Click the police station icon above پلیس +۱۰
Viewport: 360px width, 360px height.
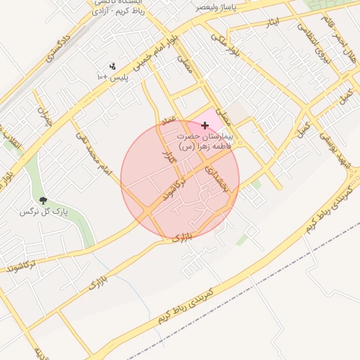[112, 66]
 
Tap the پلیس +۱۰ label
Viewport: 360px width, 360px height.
[112, 76]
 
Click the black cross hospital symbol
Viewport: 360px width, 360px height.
[205, 125]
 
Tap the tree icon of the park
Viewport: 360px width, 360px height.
[44, 201]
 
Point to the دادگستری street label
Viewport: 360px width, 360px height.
[59, 46]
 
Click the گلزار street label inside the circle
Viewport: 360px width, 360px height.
[167, 158]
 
